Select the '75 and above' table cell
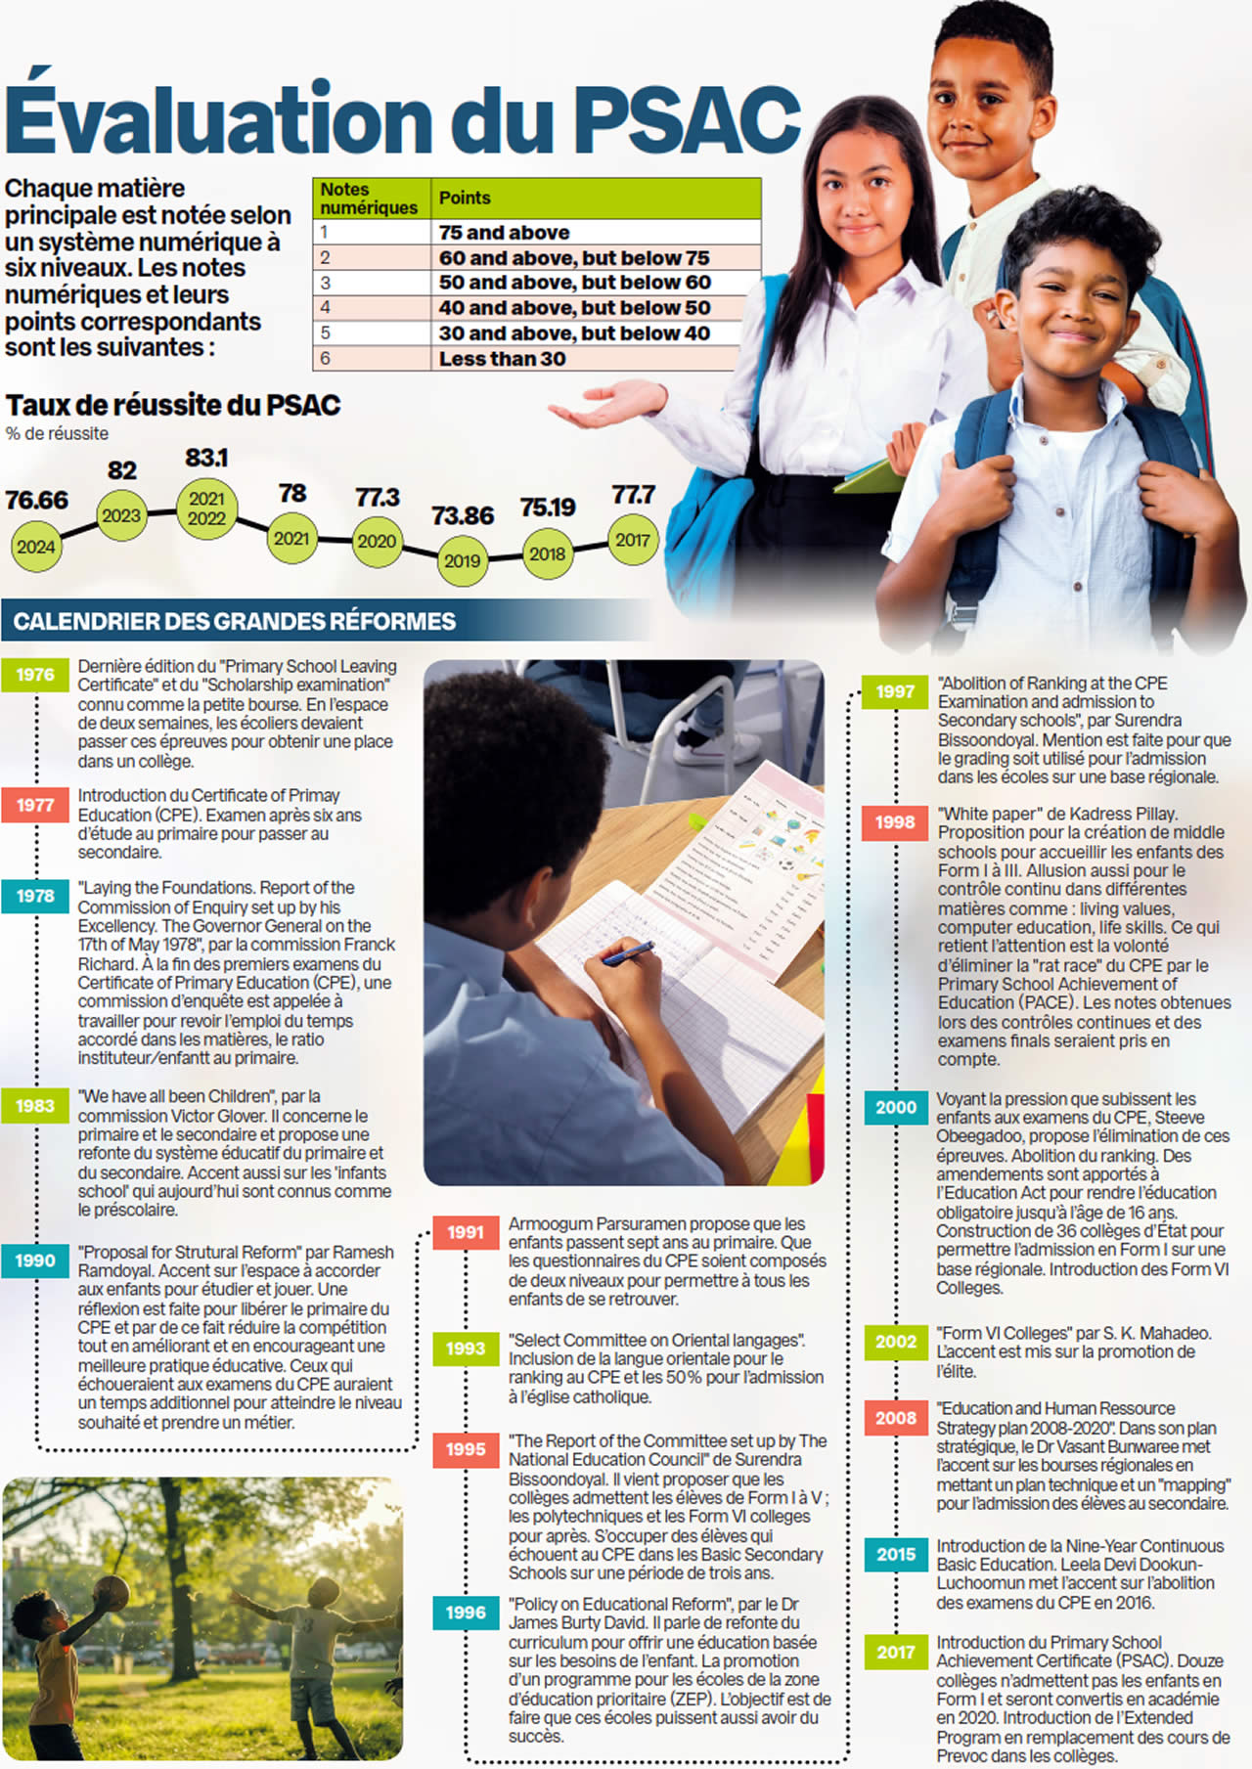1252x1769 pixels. pos(504,233)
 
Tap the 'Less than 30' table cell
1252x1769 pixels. pos(502,359)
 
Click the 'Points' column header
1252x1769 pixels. pos(465,198)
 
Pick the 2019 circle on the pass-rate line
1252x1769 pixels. pos(463,561)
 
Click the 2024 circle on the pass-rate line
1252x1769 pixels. pos(36,547)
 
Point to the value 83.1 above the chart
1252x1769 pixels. pos(206,458)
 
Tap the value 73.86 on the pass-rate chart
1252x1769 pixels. pos(463,515)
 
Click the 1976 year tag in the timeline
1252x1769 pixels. pos(35,675)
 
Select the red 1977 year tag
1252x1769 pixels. pos(35,805)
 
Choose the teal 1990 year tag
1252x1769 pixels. pos(35,1260)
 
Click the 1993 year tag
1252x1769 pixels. pos(466,1349)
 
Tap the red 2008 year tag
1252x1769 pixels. pos(895,1418)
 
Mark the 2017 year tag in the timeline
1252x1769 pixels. pos(895,1652)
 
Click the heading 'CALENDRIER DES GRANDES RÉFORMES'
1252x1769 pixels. pos(235,621)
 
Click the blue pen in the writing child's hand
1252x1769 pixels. pos(627,953)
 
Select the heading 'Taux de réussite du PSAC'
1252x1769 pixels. pos(173,405)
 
